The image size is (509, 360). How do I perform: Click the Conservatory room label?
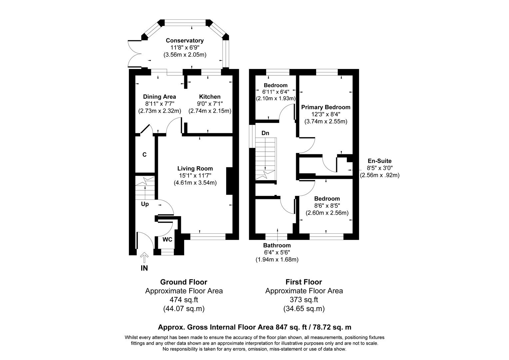(x=185, y=41)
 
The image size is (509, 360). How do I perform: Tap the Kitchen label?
(x=210, y=97)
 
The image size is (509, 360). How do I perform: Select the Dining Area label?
(x=160, y=97)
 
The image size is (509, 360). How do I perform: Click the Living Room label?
(x=195, y=169)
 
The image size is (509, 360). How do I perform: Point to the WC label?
(x=167, y=239)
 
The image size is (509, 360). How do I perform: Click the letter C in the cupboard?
(x=144, y=155)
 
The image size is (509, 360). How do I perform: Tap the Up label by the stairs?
(x=145, y=204)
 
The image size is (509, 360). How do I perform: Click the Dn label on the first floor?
(x=265, y=133)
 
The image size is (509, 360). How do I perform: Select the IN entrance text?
(x=144, y=268)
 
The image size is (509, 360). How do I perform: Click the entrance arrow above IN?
(x=144, y=257)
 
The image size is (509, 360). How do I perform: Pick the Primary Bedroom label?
(x=326, y=107)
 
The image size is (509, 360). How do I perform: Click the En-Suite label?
(x=379, y=161)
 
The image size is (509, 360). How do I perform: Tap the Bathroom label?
(x=277, y=246)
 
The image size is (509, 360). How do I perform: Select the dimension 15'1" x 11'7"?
(x=195, y=176)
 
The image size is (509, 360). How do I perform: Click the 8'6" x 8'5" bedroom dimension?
(x=327, y=206)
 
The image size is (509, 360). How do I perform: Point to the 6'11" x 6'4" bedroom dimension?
(x=275, y=92)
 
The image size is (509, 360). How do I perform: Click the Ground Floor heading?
(x=184, y=282)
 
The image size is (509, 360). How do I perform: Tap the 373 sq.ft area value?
(x=304, y=300)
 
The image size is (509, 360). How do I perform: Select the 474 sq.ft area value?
(x=184, y=300)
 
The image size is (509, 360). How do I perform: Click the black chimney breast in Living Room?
(x=230, y=181)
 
